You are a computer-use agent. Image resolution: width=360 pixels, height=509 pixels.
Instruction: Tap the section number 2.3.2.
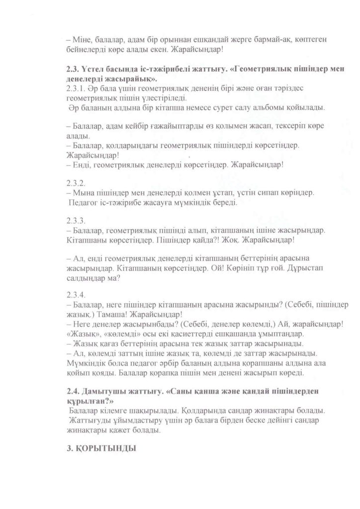[76, 181]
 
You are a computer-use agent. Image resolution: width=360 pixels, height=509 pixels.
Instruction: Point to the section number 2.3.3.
[76, 220]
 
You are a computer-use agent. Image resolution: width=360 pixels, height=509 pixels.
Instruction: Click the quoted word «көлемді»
[119, 334]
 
